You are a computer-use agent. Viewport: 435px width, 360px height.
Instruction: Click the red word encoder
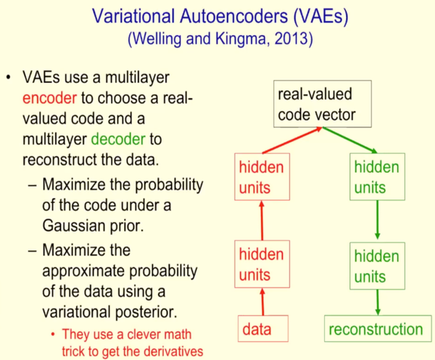tap(49, 98)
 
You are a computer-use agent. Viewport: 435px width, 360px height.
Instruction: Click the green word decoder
tap(118, 139)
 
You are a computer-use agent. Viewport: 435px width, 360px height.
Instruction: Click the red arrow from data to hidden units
tap(262, 302)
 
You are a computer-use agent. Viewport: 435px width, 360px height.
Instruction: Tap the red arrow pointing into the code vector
tap(292, 140)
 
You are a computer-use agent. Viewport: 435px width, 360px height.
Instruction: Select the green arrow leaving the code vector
tap(350, 140)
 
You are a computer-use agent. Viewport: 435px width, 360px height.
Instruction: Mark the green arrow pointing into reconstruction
tap(378, 302)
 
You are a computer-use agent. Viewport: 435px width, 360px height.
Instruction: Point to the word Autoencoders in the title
tap(234, 16)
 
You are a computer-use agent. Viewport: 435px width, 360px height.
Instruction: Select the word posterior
tap(146, 312)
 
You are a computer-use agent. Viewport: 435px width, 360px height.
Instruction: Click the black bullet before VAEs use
tap(9, 77)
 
